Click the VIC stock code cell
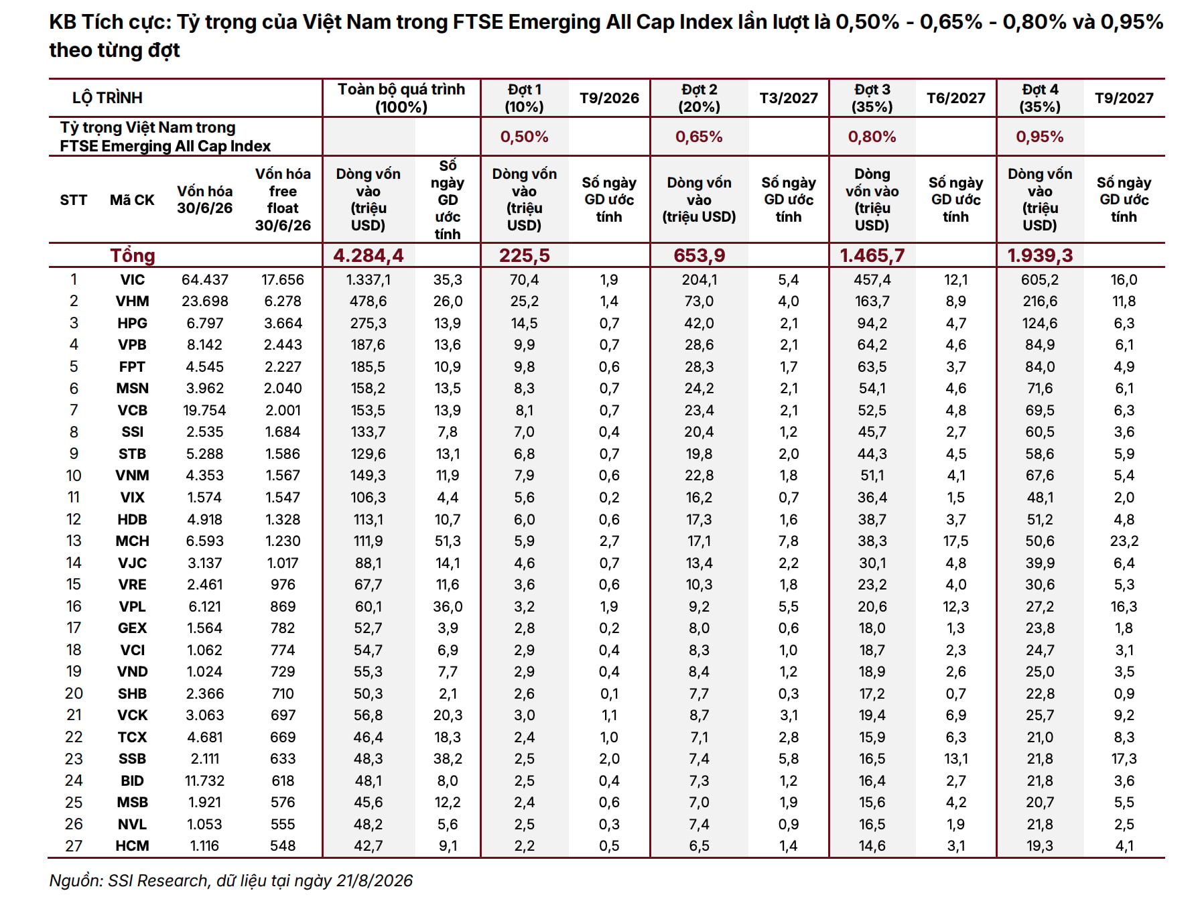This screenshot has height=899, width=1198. pos(132,280)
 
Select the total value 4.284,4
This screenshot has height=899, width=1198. pos(369,255)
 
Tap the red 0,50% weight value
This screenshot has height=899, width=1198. pos(524,137)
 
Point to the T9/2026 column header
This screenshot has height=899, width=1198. pos(609,98)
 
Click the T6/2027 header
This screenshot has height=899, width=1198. pos(956,98)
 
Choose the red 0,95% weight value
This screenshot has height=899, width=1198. pos(1039,137)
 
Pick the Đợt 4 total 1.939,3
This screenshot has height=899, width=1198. pos(1040,255)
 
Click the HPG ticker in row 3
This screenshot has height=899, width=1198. pos(132,324)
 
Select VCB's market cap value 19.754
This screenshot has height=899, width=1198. pos(205,411)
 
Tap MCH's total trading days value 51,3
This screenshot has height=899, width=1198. pos(448,541)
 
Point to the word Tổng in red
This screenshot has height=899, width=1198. pos(133,255)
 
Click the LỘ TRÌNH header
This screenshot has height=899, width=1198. pos(107,98)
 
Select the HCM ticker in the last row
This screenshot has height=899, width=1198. pos(132,846)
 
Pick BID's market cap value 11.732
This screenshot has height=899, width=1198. pos(205,781)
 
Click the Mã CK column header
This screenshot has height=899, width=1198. pos(132,200)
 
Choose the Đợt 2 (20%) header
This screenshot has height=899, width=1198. pos(699,98)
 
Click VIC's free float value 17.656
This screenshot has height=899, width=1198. pos(283,280)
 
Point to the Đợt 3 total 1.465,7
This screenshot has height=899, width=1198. pos(872,255)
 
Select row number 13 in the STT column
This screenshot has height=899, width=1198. pos(74,541)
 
